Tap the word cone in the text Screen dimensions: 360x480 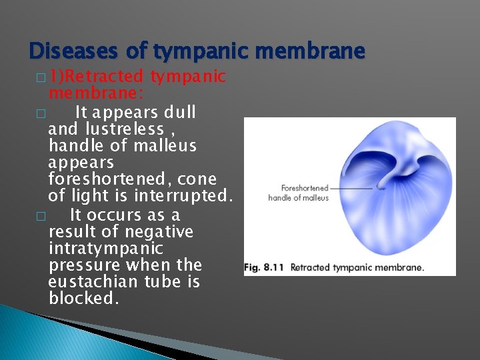tap(199, 179)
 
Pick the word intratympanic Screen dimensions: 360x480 tap(105, 248)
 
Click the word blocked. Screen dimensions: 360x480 tap(83, 299)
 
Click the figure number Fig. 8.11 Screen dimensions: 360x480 tap(265, 268)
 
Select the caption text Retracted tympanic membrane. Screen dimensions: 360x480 tap(357, 268)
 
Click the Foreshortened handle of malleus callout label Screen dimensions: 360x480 tap(299, 193)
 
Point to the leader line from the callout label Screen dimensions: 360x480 tap(352, 189)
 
